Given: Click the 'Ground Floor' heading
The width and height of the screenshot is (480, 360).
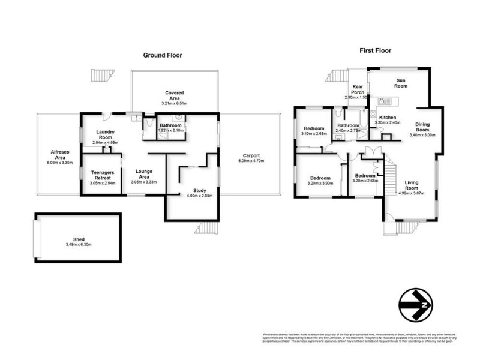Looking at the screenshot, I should coord(162,55).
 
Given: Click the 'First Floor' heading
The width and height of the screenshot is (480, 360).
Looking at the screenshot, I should coord(376,50).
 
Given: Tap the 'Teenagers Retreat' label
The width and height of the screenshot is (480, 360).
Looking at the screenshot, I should coord(102,175).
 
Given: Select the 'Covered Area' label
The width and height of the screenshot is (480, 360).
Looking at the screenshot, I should coord(175,96).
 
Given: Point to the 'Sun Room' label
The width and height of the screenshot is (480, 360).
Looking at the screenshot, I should coord(401,83).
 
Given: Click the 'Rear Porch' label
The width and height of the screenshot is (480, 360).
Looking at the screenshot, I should coord(358,89).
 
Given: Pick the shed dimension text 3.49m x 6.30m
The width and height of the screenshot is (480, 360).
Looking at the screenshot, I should coord(79,244).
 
